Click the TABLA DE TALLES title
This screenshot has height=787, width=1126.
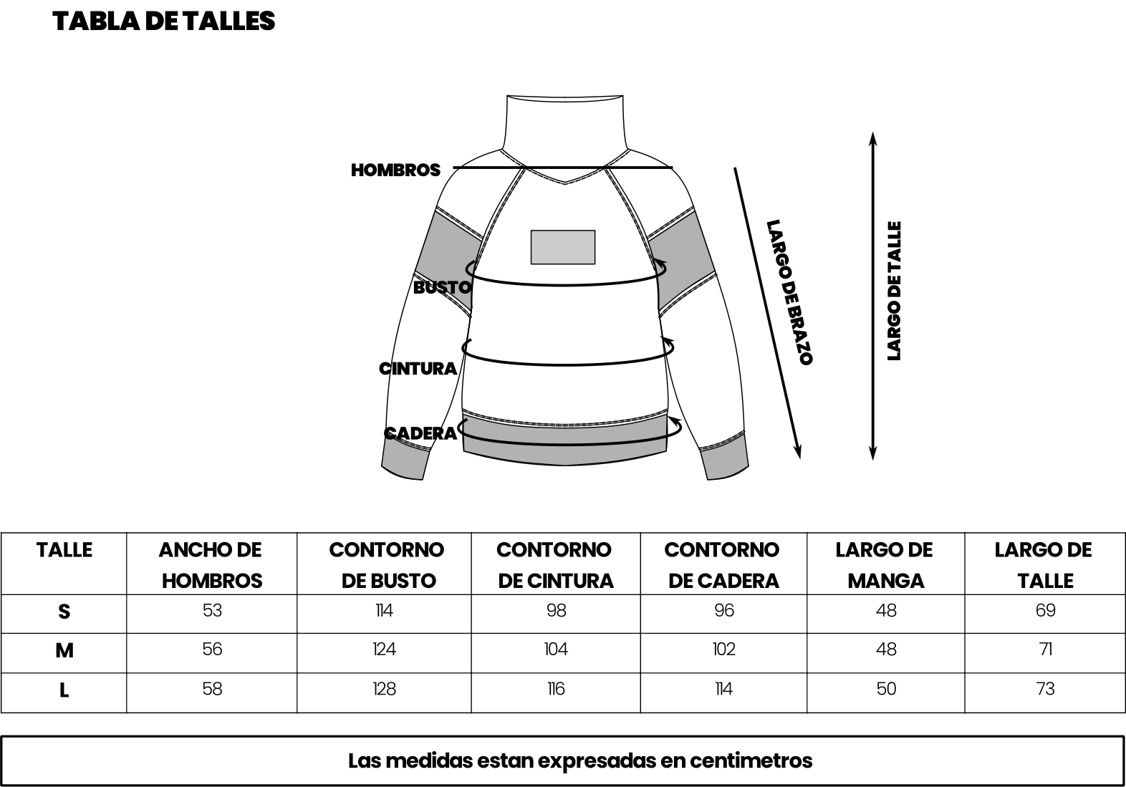[164, 21]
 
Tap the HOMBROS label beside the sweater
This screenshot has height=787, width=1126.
[395, 170]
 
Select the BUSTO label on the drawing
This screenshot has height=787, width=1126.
[442, 287]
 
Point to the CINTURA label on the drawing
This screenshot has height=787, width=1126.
[418, 368]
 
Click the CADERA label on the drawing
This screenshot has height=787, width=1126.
[420, 433]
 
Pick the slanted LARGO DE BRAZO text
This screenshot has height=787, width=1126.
[789, 291]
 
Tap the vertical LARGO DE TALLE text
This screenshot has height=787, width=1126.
[894, 291]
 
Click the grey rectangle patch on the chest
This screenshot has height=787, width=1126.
[563, 247]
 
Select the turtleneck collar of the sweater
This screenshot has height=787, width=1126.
[564, 123]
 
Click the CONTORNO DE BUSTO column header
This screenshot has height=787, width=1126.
[387, 566]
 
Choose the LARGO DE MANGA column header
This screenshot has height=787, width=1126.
[885, 566]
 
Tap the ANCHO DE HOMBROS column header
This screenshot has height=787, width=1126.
[211, 566]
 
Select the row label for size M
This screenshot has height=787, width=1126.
[64, 651]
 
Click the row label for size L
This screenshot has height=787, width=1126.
[64, 690]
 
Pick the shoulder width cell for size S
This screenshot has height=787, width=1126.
[212, 611]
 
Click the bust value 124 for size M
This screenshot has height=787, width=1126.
[385, 650]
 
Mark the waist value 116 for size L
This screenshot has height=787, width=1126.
[556, 689]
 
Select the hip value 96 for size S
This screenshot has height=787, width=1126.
[724, 611]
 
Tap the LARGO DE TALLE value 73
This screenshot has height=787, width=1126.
[1046, 689]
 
